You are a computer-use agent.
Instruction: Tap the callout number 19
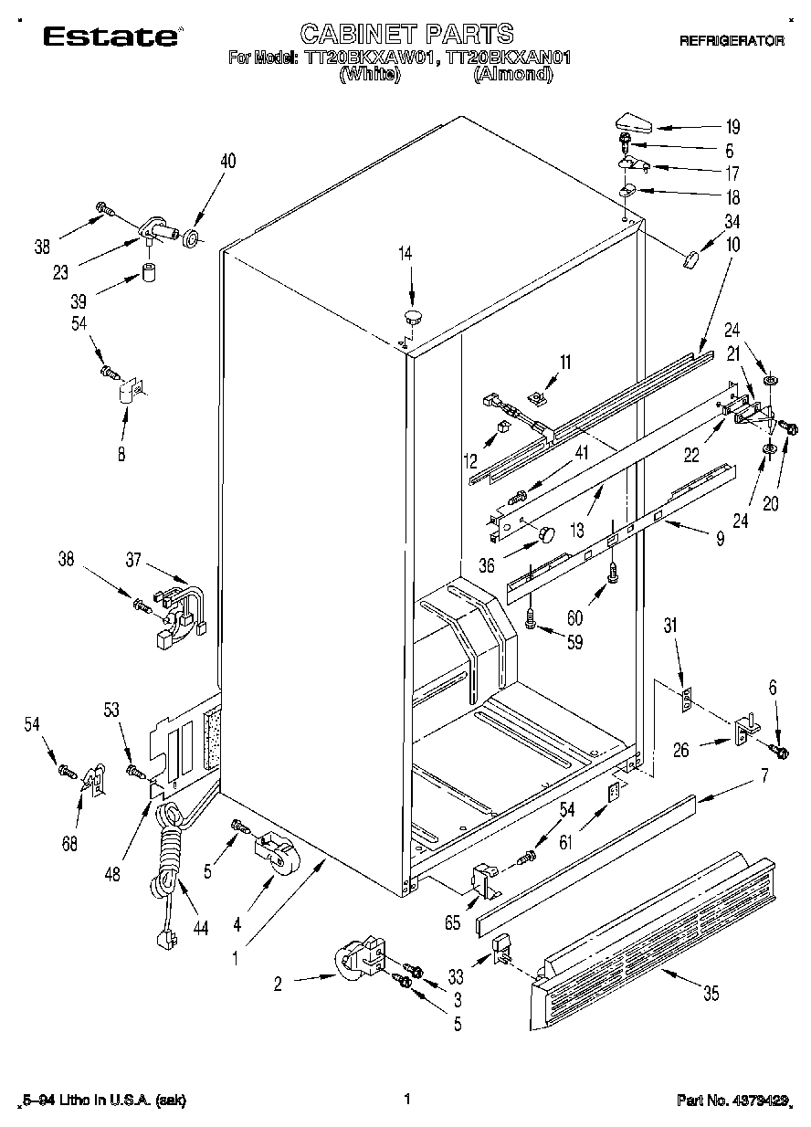(732, 127)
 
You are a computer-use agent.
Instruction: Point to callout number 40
(227, 162)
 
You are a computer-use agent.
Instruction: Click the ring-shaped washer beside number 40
(193, 239)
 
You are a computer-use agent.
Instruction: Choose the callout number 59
(574, 642)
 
